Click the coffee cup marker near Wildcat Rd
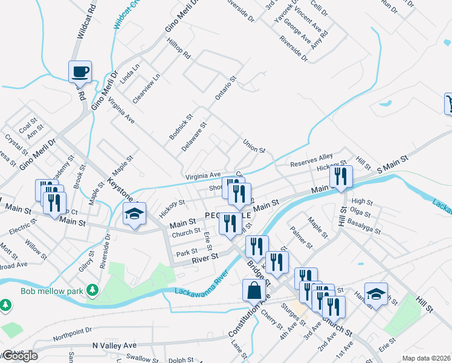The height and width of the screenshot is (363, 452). (80, 72)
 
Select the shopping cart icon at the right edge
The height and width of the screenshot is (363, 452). (448, 104)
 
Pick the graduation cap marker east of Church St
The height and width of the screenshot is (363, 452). (376, 295)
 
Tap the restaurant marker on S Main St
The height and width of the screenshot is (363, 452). (341, 176)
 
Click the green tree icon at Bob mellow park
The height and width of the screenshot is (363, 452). (92, 291)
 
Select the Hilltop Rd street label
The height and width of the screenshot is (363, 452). (178, 47)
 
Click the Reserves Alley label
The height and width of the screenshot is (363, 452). (311, 160)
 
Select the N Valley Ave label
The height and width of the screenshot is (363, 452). (115, 345)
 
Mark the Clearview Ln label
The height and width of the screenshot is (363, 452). (146, 88)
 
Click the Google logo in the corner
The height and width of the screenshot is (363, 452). (20, 355)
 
